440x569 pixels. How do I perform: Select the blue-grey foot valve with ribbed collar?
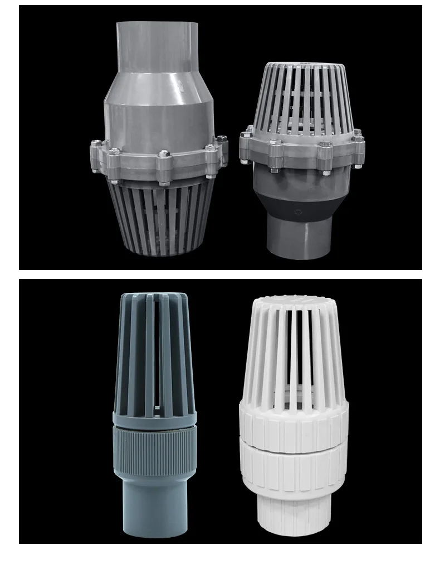154,413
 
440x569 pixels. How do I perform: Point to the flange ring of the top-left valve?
159,162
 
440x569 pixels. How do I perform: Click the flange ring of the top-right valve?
301,151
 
